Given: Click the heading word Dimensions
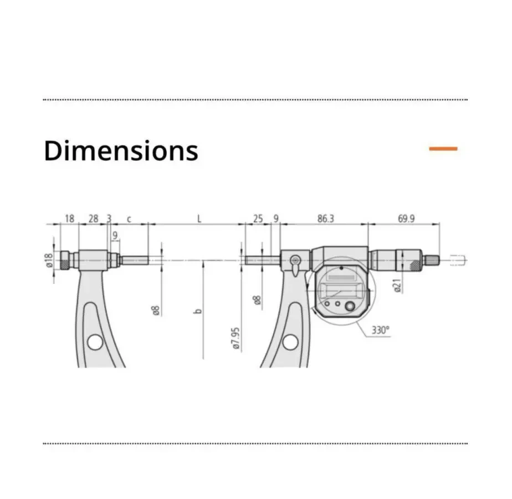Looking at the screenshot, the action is pyautogui.click(x=121, y=151).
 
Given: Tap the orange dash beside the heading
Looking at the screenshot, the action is pyautogui.click(x=443, y=149).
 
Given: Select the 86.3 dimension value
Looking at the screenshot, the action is pyautogui.click(x=326, y=218).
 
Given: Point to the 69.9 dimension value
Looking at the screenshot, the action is pyautogui.click(x=406, y=218).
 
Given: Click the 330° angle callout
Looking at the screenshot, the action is pyautogui.click(x=381, y=330).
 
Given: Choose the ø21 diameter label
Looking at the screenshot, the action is pyautogui.click(x=397, y=286).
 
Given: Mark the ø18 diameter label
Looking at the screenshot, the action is pyautogui.click(x=49, y=261).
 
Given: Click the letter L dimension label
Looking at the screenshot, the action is pyautogui.click(x=199, y=218).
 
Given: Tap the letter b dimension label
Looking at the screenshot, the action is pyautogui.click(x=198, y=311).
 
